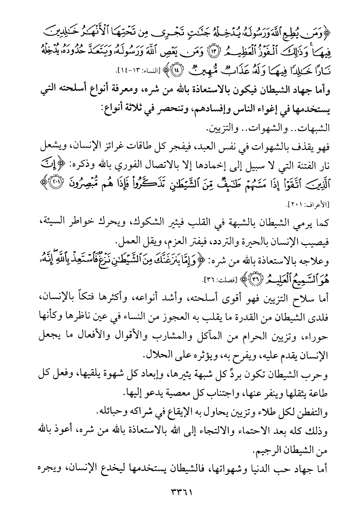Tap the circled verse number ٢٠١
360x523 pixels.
(x=44, y=185)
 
